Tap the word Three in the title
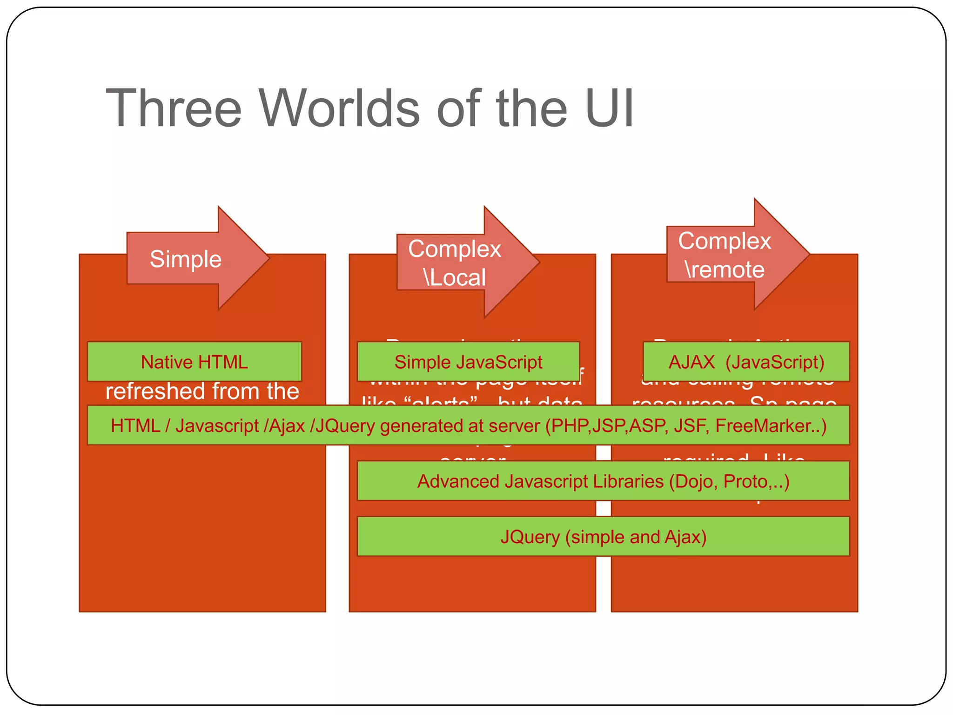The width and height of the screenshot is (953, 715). pos(174,108)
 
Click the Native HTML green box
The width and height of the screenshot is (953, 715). pos(194,362)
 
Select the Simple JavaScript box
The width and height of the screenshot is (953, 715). pos(468,362)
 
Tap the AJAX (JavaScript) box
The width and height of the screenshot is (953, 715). pos(746,362)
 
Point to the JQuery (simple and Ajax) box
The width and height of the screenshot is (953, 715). pos(603,537)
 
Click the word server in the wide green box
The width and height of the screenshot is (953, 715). pos(514,425)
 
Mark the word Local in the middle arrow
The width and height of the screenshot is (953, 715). pos(458,277)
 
